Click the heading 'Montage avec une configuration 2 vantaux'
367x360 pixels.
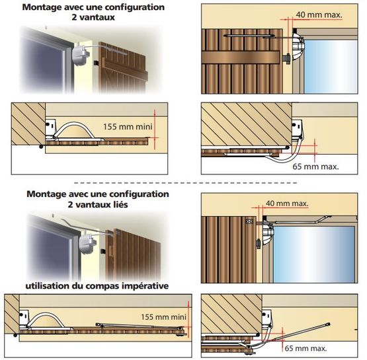(x=93, y=12)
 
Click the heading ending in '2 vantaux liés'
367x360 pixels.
(x=98, y=199)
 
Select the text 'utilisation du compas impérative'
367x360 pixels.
(x=97, y=285)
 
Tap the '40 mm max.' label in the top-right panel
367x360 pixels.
(x=319, y=15)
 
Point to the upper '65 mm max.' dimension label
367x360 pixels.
(x=315, y=166)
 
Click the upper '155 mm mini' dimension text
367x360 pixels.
(x=128, y=127)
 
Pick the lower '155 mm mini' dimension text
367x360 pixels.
(x=163, y=317)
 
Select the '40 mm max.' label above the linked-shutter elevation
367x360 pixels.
(x=287, y=203)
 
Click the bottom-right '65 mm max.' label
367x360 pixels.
(x=306, y=348)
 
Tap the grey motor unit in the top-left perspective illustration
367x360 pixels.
(x=80, y=55)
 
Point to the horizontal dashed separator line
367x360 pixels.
(x=185, y=183)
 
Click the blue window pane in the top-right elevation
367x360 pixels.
(x=331, y=67)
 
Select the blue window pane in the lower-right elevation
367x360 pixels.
(x=313, y=254)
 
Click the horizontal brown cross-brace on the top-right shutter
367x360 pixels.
(x=241, y=57)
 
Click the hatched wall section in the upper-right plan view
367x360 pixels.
(x=247, y=124)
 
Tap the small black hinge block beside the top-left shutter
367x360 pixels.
(x=96, y=63)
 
